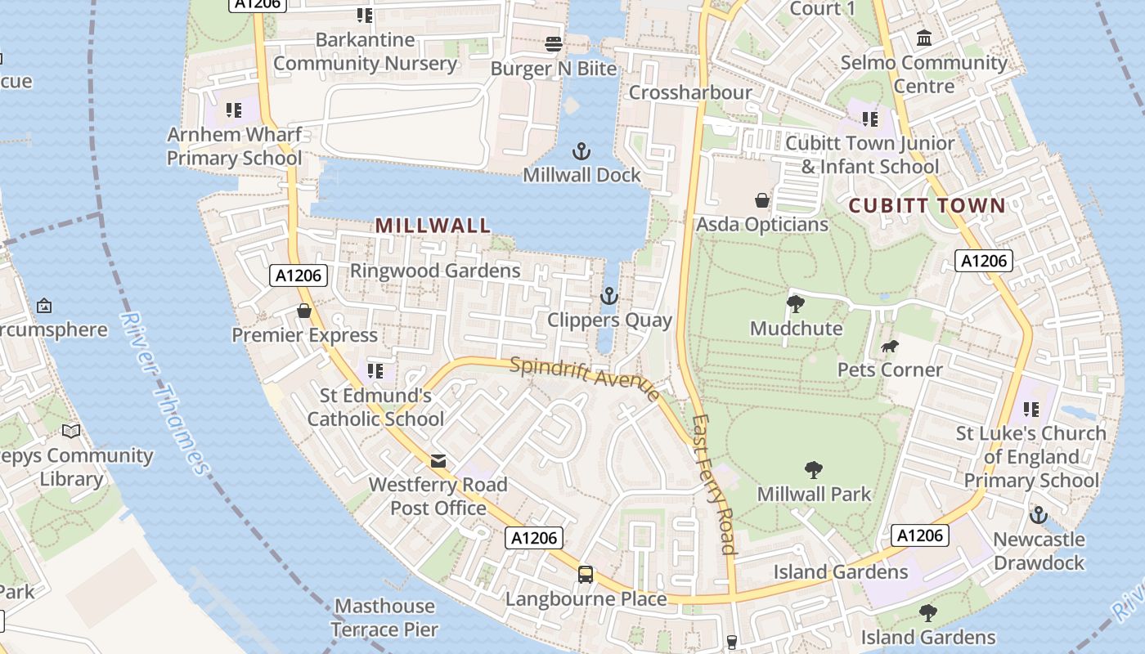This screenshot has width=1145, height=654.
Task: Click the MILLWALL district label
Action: point(433,226)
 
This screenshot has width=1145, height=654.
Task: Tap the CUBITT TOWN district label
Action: point(927,205)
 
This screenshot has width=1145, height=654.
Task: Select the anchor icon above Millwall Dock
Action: point(581,151)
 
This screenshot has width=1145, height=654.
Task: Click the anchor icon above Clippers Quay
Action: point(609,296)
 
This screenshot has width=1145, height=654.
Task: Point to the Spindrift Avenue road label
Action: point(584,378)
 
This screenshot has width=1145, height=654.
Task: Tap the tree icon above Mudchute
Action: point(795,304)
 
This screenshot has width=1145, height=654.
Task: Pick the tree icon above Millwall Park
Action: point(813,470)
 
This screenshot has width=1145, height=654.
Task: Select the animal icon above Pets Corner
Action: point(890,347)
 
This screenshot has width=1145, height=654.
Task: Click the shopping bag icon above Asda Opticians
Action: point(762,200)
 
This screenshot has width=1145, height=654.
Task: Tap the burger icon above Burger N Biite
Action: point(554,44)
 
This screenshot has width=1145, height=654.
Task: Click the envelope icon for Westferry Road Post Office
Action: point(438,461)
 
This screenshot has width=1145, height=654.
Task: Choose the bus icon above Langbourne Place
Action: point(586,574)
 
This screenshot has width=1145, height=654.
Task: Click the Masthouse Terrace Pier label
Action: point(384,618)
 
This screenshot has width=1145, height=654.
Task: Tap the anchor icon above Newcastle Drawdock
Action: point(1038,516)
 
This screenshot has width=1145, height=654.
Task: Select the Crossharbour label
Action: point(690,92)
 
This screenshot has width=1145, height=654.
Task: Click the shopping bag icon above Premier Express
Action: point(304,311)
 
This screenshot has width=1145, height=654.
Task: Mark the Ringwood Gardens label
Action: point(435,271)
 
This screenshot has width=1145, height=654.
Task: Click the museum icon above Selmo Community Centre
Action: point(925,38)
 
